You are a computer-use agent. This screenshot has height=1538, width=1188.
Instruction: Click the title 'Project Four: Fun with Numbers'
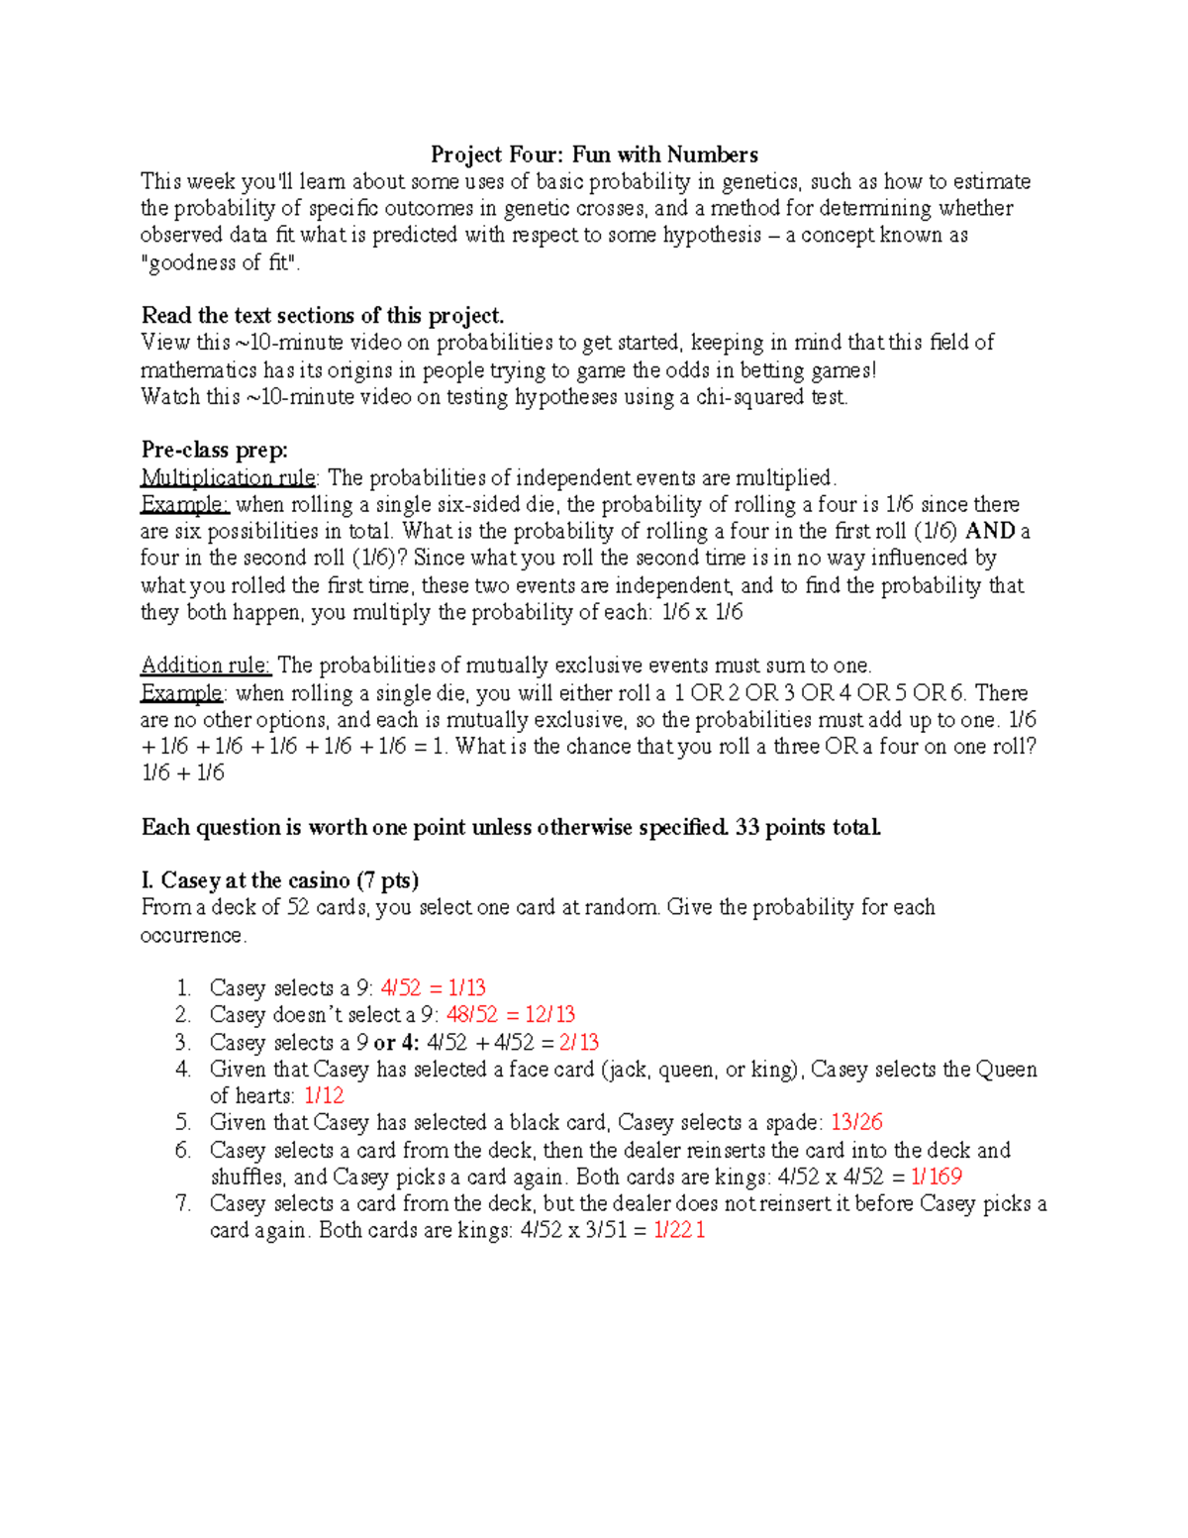pos(594,154)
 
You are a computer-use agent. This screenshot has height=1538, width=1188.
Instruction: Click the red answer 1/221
pos(679,1231)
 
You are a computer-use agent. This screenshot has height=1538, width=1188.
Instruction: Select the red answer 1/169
pos(936,1177)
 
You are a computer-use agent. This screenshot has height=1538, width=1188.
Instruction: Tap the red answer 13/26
pos(856,1122)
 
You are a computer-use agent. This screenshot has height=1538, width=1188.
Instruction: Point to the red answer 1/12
pos(324,1095)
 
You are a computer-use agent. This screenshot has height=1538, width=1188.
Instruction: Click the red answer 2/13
pos(578,1042)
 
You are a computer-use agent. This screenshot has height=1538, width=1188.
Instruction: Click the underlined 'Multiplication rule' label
pos(229,477)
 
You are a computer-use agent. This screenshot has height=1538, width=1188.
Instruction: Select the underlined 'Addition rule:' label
pos(206,665)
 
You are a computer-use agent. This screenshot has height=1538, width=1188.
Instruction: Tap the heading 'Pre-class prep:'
pos(215,451)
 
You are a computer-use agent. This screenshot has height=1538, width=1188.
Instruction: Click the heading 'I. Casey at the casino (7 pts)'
pos(280,880)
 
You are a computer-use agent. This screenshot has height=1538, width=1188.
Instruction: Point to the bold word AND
pos(990,531)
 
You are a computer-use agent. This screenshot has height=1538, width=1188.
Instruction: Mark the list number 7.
pos(182,1203)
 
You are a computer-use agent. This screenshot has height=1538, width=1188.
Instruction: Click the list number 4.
pos(182,1069)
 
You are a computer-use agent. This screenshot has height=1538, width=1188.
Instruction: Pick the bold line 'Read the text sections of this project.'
pos(323,316)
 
